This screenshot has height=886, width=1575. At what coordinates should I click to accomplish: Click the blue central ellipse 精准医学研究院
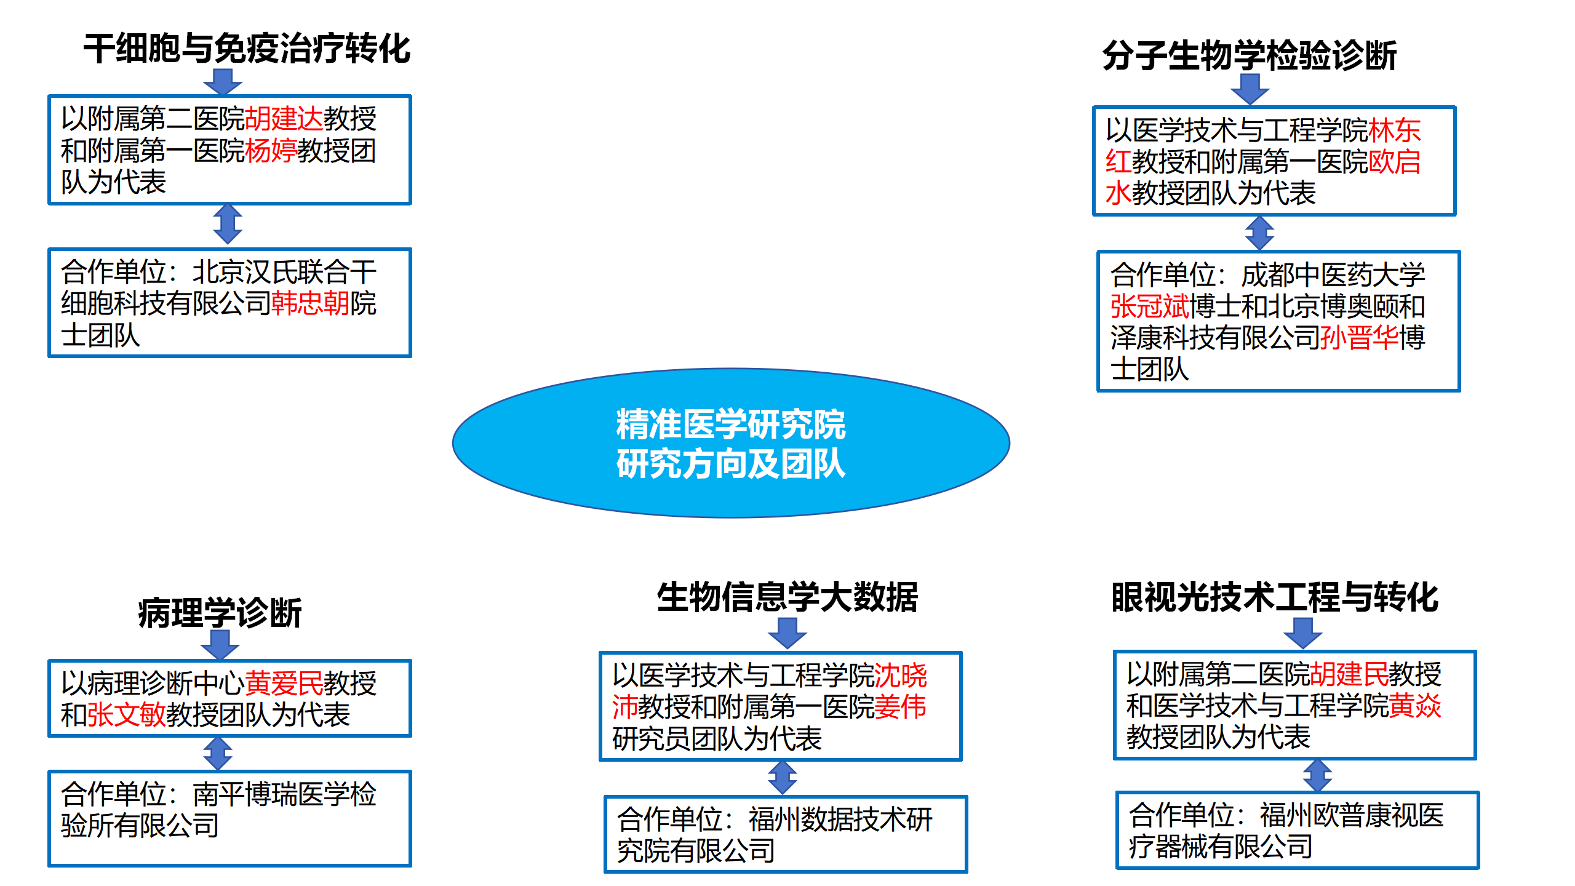pyautogui.click(x=730, y=443)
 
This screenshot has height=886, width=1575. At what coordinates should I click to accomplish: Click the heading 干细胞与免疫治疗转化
pyautogui.click(x=247, y=49)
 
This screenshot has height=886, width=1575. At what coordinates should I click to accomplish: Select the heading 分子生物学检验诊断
pyautogui.click(x=1249, y=55)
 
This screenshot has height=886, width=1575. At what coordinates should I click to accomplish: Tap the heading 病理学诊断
pyautogui.click(x=220, y=613)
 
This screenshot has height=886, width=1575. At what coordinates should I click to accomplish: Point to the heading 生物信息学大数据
pyautogui.click(x=787, y=597)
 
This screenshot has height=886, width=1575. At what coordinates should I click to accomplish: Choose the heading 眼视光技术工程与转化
pyautogui.click(x=1274, y=597)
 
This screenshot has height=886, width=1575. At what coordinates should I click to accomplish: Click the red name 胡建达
pyautogui.click(x=284, y=119)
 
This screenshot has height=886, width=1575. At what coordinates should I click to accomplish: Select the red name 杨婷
pyautogui.click(x=271, y=151)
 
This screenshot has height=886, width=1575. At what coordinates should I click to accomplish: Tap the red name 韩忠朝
pyautogui.click(x=310, y=303)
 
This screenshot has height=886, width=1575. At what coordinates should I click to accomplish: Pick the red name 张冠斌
pyautogui.click(x=1149, y=306)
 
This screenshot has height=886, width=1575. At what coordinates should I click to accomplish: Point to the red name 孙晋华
pyautogui.click(x=1359, y=337)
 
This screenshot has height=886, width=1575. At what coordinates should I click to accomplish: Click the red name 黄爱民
pyautogui.click(x=284, y=683)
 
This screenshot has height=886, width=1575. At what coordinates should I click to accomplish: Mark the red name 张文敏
pyautogui.click(x=126, y=714)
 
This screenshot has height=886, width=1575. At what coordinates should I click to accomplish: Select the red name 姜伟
pyautogui.click(x=900, y=706)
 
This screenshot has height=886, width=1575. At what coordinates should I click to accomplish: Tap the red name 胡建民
pyautogui.click(x=1349, y=674)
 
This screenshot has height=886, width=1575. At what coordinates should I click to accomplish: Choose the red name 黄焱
pyautogui.click(x=1415, y=706)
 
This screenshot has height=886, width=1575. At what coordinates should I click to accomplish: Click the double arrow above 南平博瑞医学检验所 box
pyautogui.click(x=218, y=754)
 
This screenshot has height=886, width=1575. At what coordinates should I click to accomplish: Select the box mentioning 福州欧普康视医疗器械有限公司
pyautogui.click(x=1297, y=830)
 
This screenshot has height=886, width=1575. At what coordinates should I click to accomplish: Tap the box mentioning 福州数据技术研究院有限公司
pyautogui.click(x=785, y=834)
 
